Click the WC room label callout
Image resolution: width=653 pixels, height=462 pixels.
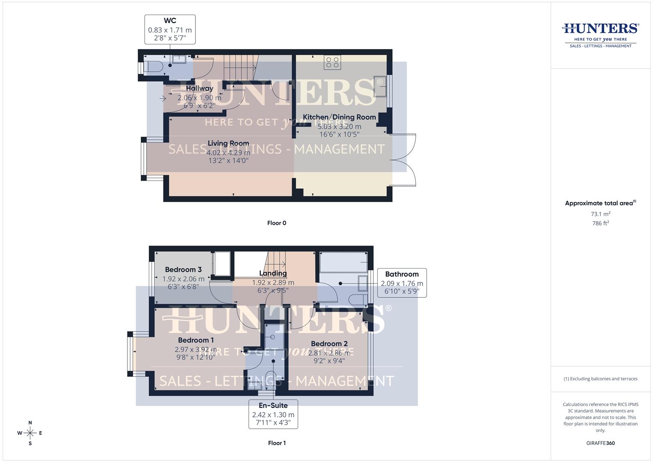170,29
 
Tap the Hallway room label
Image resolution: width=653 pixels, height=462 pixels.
199,89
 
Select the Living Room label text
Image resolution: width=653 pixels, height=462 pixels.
228,143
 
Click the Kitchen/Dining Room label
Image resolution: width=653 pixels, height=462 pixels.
339,117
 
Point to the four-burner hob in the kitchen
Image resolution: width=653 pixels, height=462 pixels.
332,62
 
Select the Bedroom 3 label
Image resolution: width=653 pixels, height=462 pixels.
183,269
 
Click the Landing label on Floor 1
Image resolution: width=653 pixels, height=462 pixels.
273,273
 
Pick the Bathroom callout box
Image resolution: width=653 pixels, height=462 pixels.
402,283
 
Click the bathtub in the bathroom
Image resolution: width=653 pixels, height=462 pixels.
343,262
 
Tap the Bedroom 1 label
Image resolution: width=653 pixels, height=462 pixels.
196,340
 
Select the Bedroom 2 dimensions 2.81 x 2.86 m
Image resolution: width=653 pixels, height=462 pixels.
329,353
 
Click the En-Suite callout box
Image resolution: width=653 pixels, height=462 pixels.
273,414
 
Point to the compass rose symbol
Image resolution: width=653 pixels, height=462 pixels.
30,433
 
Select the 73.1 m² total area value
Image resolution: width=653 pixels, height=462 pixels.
600,214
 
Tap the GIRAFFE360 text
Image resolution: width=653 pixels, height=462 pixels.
600,443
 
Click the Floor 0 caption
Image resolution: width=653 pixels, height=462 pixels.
277,223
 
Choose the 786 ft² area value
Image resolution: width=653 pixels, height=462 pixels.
600,223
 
